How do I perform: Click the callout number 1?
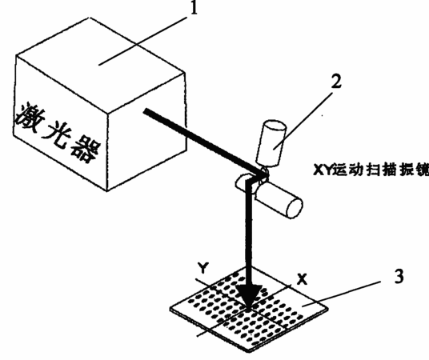coord(194,8)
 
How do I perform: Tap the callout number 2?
coord(336,82)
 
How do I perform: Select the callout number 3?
coord(399,276)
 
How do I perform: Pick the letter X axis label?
coord(302,279)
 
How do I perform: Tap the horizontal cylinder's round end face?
coord(294,208)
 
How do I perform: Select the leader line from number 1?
coord(142,41)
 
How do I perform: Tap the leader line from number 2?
coord(303,121)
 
